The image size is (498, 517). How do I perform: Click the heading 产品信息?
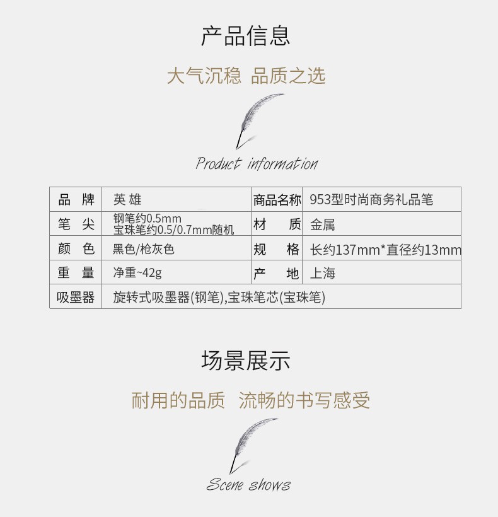(246, 35)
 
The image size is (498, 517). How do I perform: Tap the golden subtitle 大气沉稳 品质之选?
(246, 76)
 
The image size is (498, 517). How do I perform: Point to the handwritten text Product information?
(257, 163)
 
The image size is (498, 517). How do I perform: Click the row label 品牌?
(76, 199)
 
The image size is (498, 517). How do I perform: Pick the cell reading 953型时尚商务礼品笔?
(371, 199)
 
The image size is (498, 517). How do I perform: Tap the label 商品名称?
(277, 200)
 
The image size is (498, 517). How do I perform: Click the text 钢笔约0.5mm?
(148, 218)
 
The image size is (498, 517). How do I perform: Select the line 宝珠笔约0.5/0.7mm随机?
(174, 229)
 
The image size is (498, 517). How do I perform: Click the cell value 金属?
(322, 225)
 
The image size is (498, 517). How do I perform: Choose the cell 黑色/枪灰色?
(143, 249)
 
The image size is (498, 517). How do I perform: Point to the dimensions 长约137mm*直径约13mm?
(386, 250)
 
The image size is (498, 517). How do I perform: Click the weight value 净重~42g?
(137, 272)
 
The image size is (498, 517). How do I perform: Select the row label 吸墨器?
(76, 297)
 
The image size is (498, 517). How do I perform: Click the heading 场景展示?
(246, 360)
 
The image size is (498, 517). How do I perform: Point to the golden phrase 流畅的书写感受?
(304, 400)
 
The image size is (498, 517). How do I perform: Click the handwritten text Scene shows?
(248, 485)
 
